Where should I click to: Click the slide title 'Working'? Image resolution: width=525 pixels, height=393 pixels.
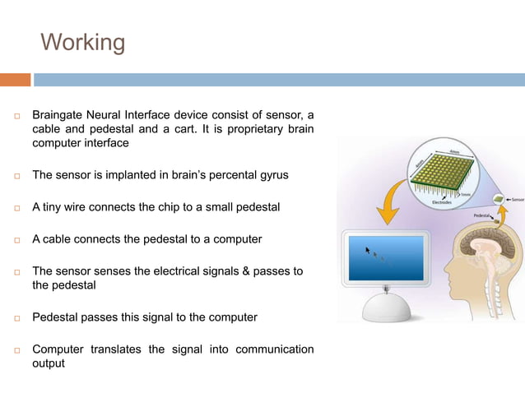click(x=83, y=42)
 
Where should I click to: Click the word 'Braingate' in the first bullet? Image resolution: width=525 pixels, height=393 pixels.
click(x=59, y=115)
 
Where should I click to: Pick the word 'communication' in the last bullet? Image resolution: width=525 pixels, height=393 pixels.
click(x=274, y=349)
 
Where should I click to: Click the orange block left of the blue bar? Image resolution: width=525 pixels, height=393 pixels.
click(x=15, y=80)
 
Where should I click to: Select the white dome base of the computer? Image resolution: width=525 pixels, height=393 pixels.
click(x=386, y=306)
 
